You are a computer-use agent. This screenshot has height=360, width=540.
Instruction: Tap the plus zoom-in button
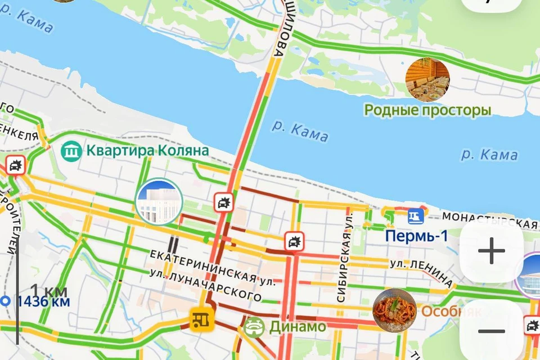[492, 251]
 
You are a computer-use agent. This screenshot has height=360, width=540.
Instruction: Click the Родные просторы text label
[427, 110]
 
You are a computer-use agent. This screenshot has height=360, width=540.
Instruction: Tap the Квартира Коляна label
[147, 151]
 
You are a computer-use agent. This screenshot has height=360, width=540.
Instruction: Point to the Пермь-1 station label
[416, 236]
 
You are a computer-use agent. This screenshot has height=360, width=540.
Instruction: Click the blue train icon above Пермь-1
[415, 215]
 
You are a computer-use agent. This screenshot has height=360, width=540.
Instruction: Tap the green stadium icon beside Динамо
[255, 327]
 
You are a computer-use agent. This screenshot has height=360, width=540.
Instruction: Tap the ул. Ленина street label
[421, 269]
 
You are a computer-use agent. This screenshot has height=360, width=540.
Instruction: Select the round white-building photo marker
[158, 201]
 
